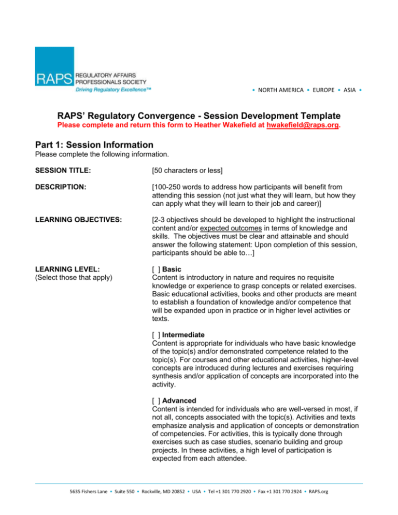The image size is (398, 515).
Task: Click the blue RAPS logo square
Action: click(54, 66)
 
